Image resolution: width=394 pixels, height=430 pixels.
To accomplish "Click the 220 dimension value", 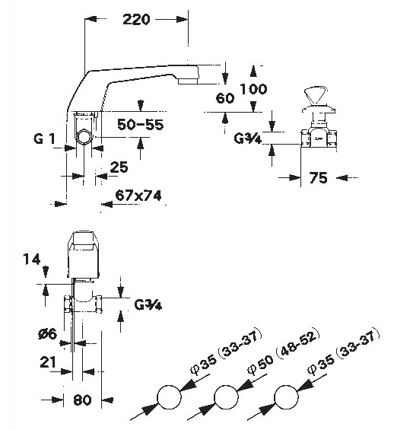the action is [136, 20].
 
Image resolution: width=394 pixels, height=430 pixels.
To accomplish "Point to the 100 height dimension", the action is [253, 89].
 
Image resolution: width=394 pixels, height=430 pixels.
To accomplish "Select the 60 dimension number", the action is [225, 98].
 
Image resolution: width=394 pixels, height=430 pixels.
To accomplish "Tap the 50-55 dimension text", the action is [140, 125].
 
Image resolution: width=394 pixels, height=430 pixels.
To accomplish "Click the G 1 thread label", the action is [44, 139].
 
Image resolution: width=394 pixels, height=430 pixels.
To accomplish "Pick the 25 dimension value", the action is [119, 167].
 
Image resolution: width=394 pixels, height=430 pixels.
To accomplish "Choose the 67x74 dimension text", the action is [138, 196].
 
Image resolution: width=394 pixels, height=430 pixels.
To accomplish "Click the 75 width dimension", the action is [318, 177].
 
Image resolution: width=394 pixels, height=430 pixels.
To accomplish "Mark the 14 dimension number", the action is [32, 260].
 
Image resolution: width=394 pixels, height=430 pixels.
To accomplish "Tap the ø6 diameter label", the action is [47, 334].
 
